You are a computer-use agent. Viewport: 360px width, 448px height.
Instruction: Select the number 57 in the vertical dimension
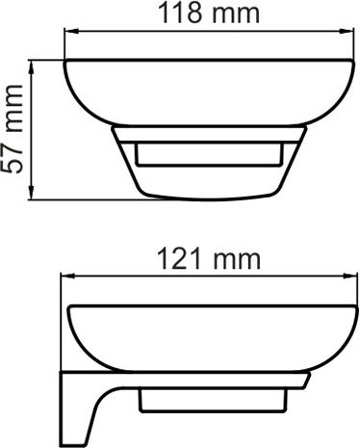coord(13,158)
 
